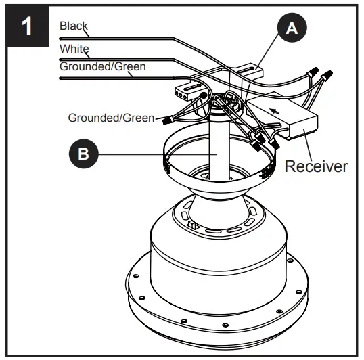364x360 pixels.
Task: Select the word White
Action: tap(73, 49)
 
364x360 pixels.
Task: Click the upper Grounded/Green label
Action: tap(102, 66)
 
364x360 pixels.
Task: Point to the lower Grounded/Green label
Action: tap(110, 117)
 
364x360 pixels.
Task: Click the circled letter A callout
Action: tap(290, 28)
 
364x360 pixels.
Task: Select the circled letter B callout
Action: tap(83, 154)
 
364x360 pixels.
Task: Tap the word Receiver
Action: tap(315, 166)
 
